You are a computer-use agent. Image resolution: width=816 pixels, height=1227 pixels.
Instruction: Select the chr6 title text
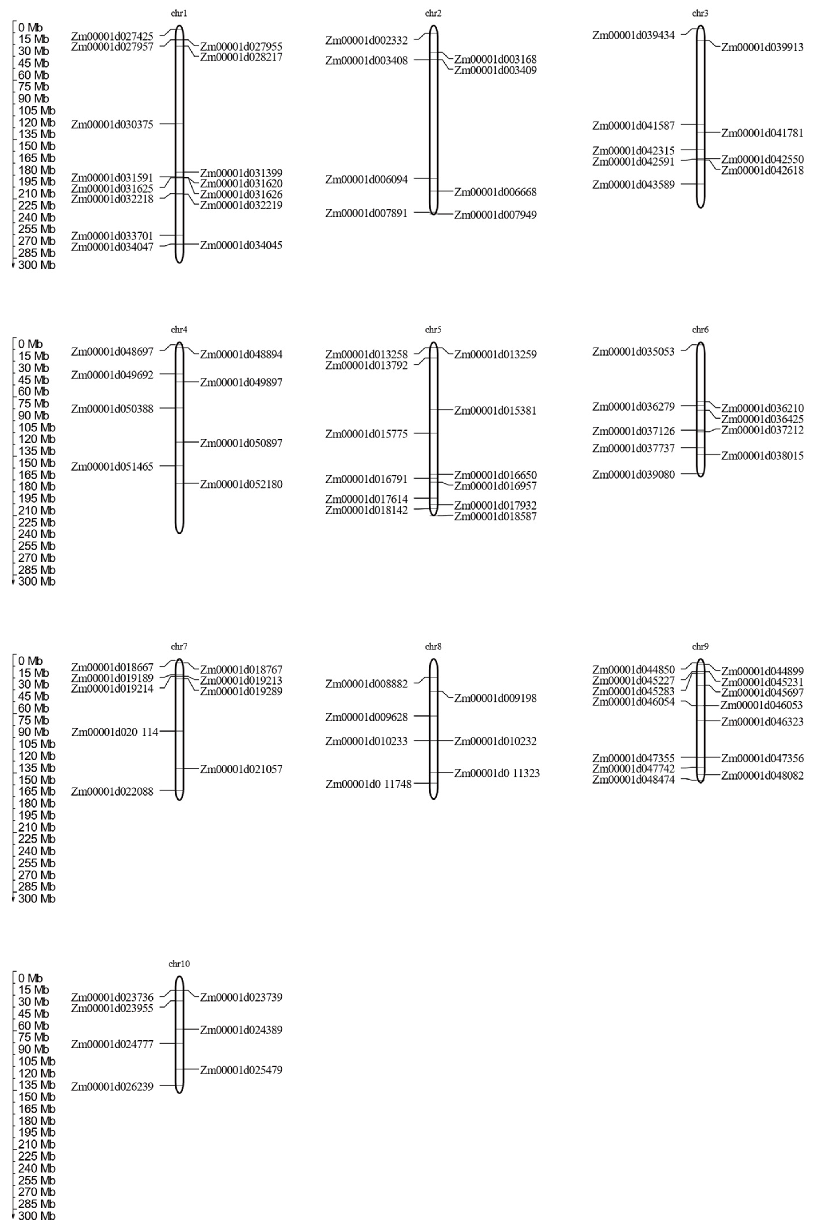click(x=700, y=330)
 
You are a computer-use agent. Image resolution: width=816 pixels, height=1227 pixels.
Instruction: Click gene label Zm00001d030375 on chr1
click(x=112, y=124)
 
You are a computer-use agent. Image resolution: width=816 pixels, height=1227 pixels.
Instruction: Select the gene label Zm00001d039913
click(x=762, y=47)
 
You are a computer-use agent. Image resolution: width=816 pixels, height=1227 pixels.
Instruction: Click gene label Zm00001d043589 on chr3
click(x=633, y=185)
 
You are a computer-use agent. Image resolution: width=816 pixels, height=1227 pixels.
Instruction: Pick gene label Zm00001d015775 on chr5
click(x=366, y=434)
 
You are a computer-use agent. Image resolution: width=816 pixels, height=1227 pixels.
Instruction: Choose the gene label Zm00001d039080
click(x=633, y=475)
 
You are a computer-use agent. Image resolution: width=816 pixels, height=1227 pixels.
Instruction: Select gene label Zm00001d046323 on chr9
click(x=762, y=722)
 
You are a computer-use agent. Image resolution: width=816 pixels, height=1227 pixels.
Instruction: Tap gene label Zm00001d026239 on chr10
click(x=112, y=1087)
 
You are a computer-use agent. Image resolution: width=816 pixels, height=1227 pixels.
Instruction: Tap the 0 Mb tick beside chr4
click(x=30, y=344)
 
